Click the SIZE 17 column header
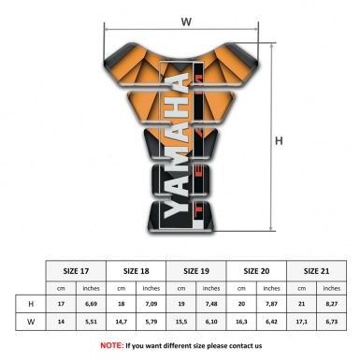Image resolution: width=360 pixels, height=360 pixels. pyautogui.click(x=78, y=272)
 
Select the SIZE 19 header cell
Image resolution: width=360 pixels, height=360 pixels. pyautogui.click(x=196, y=272)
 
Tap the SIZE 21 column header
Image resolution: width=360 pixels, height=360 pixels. pyautogui.click(x=316, y=272)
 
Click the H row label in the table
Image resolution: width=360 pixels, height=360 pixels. pyautogui.click(x=32, y=304)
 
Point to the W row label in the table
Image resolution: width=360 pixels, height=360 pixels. pyautogui.click(x=32, y=322)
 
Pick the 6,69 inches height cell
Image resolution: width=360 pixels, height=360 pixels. pyautogui.click(x=93, y=304)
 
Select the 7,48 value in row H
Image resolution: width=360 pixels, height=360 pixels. pyautogui.click(x=211, y=304)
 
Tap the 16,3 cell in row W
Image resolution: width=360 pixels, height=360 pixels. pyautogui.click(x=241, y=322)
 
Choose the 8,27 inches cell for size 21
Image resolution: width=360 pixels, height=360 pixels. pyautogui.click(x=331, y=304)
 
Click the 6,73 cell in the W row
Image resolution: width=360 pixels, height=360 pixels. pyautogui.click(x=331, y=322)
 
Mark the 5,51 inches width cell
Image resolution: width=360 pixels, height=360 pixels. pyautogui.click(x=93, y=322)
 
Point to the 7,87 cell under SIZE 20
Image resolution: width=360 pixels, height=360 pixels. pyautogui.click(x=271, y=304)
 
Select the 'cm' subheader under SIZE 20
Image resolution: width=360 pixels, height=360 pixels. pyautogui.click(x=241, y=288)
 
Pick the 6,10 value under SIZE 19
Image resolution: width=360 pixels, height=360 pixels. pyautogui.click(x=211, y=322)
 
